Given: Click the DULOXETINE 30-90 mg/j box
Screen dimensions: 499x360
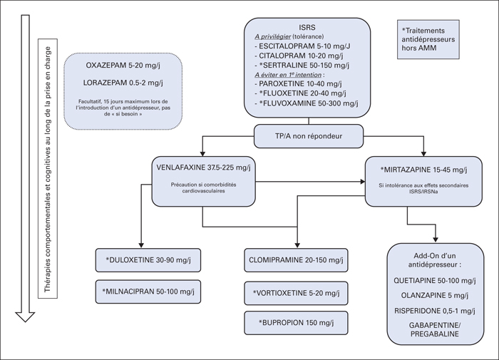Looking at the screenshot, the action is pos(148,260).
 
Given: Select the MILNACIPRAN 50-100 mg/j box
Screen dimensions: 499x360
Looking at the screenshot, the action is pos(148,292).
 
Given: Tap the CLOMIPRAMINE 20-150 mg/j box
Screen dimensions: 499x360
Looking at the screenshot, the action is pos(296,260).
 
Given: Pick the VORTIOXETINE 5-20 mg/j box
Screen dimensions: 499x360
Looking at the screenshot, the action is pos(296,293).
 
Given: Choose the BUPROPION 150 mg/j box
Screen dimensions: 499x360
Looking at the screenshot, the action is pos(296,323).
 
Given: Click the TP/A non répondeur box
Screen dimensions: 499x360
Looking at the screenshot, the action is pos(309,136).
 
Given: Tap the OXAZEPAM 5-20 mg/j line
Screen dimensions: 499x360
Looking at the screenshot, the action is pos(123,66).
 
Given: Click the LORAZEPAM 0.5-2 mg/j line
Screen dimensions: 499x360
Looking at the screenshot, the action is pos(123,83).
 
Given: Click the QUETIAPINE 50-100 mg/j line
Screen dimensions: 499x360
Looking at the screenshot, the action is pos(435,280).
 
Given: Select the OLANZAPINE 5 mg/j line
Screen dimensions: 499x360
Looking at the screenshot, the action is pos(435,295).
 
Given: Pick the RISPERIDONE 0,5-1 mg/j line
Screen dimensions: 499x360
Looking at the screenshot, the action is pos(435,311).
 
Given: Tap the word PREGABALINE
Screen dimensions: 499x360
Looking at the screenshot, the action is pos(435,334).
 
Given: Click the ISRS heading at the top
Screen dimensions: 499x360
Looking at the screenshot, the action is pos(307,28).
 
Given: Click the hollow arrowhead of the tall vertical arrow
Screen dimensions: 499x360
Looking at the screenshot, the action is pos(25,317).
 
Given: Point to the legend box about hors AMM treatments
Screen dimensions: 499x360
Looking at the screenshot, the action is pos(428,39).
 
